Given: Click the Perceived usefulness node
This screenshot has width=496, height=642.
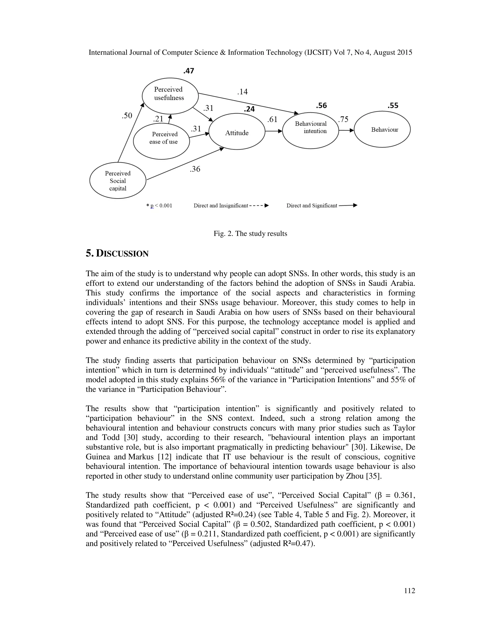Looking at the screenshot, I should click(170, 96).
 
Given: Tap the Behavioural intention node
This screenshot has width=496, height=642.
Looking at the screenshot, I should click(310, 130).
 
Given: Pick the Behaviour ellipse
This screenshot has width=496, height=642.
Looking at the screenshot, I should click(382, 129).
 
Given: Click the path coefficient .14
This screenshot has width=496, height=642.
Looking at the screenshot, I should click(242, 92).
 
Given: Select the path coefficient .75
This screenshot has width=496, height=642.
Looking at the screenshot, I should click(343, 119).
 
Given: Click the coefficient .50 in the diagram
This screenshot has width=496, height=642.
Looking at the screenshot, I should click(127, 116).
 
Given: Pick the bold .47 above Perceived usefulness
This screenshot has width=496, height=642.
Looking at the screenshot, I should click(188, 71).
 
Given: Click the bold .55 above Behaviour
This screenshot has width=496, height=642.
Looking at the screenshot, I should click(393, 106).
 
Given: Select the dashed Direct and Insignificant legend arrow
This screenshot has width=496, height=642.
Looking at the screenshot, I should click(259, 206).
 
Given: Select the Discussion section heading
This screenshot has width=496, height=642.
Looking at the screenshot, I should click(117, 253).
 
